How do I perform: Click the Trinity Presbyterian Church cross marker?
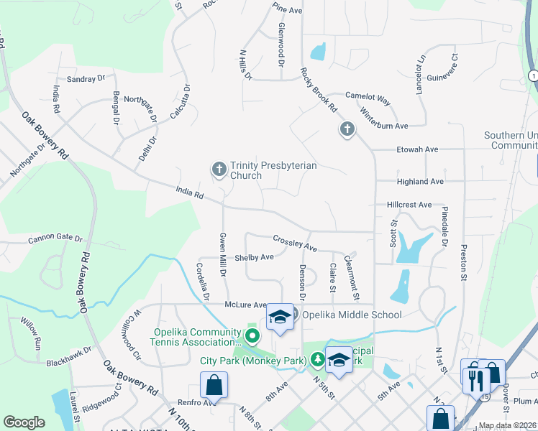click(x=219, y=170)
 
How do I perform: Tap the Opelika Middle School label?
click(x=351, y=315)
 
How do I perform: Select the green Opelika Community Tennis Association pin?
click(x=252, y=335)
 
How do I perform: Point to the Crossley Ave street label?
click(x=295, y=243)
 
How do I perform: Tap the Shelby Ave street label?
click(x=255, y=257)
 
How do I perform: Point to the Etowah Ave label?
click(x=417, y=149)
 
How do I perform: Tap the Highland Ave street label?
click(x=420, y=182)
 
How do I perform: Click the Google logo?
click(x=24, y=422)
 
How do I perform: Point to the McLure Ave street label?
click(x=246, y=305)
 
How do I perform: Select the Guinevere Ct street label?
click(x=442, y=68)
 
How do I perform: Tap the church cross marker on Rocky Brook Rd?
click(x=347, y=130)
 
